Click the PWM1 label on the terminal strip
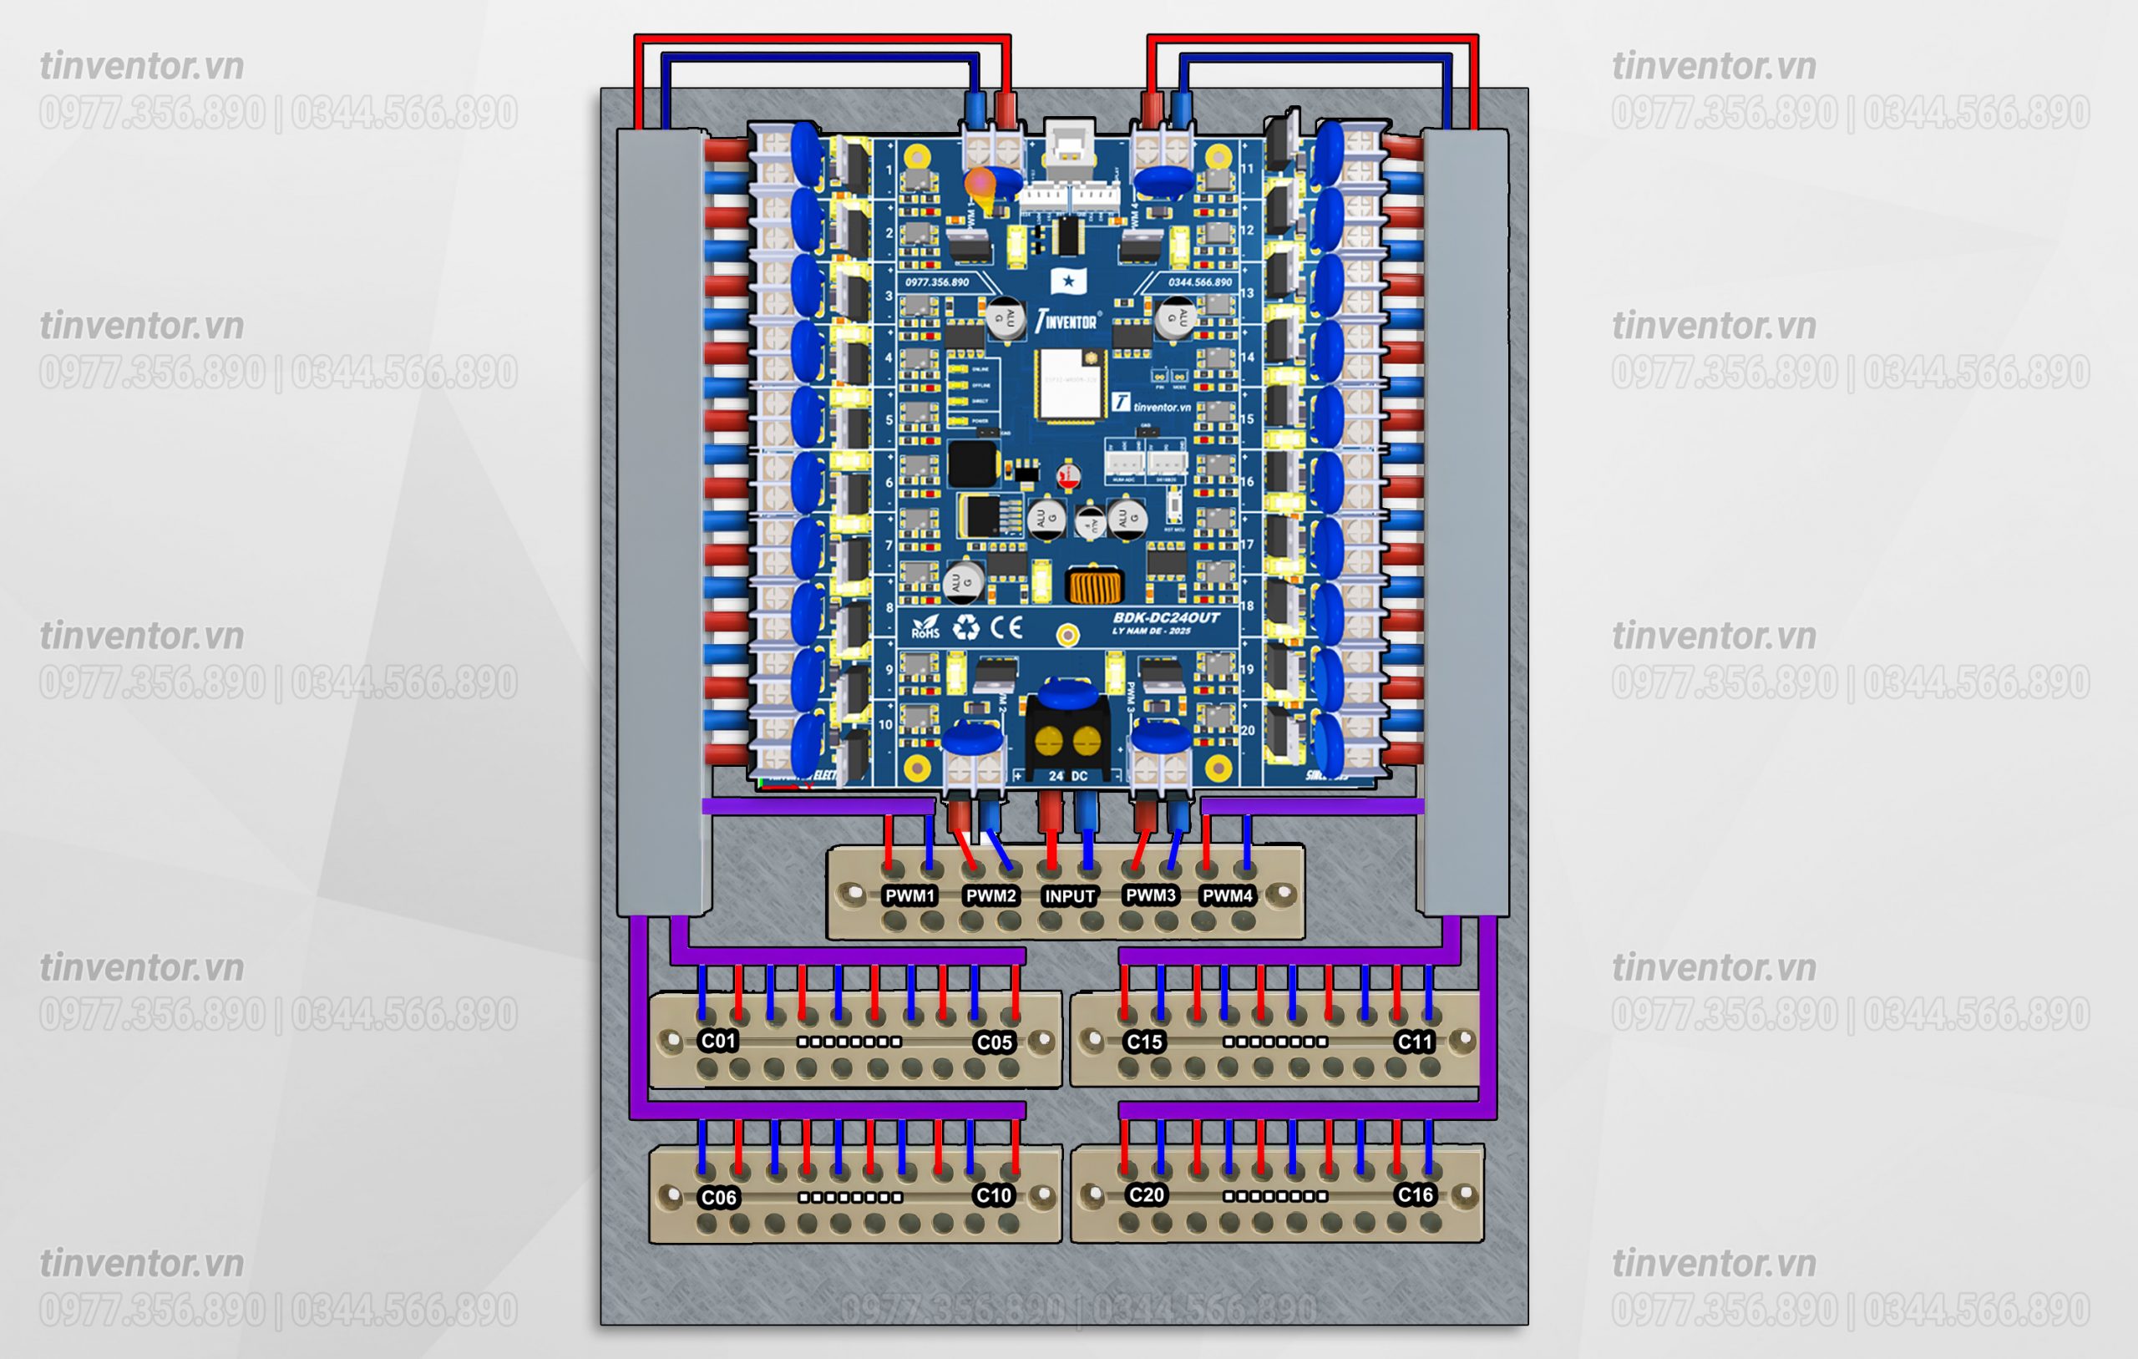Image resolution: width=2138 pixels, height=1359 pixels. pyautogui.click(x=910, y=895)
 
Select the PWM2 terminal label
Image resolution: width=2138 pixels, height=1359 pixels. pyautogui.click(x=990, y=895)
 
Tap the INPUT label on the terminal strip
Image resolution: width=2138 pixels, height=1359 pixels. pyautogui.click(x=1069, y=896)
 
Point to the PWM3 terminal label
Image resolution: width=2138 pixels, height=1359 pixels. pyautogui.click(x=1151, y=895)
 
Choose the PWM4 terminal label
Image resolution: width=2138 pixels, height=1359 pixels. pyautogui.click(x=1227, y=895)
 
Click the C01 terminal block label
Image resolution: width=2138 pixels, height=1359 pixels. pyautogui.click(x=717, y=1041)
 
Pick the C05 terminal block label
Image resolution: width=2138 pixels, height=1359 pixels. pyautogui.click(x=994, y=1042)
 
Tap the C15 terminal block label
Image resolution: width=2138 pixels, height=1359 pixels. pyautogui.click(x=1143, y=1042)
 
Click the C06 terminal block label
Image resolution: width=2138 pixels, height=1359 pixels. pyautogui.click(x=718, y=1197)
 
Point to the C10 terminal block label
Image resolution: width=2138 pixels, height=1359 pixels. pyautogui.click(x=993, y=1195)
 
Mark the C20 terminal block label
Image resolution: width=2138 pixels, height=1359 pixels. pyautogui.click(x=1145, y=1194)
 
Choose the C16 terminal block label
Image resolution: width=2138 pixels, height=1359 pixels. pyautogui.click(x=1415, y=1194)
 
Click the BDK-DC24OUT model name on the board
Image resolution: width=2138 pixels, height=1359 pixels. pyautogui.click(x=1166, y=618)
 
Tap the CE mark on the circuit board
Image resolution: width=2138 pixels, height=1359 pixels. pyautogui.click(x=1006, y=628)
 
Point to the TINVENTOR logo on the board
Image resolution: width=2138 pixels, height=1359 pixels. pyautogui.click(x=1067, y=321)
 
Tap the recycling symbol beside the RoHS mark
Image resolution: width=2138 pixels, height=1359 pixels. pyautogui.click(x=966, y=628)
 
